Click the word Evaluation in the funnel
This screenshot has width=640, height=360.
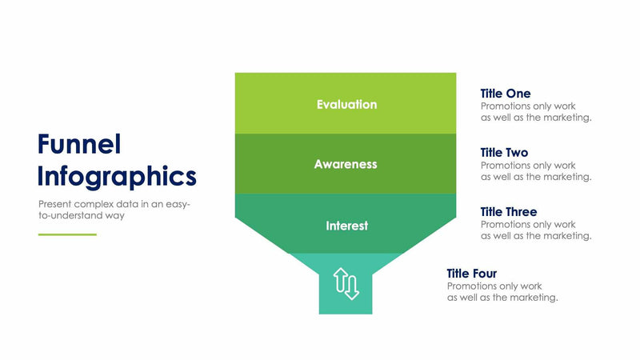(346, 104)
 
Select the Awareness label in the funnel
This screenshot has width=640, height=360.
(346, 164)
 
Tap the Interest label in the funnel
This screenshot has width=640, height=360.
(346, 226)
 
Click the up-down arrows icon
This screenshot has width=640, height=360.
(346, 283)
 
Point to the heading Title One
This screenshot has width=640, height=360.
(505, 94)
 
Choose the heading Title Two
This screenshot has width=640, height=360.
(504, 152)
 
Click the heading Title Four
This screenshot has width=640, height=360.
(472, 274)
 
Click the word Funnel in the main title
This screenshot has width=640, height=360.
(79, 144)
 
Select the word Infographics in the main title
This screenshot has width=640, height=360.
(117, 175)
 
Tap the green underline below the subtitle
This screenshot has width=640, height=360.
(67, 234)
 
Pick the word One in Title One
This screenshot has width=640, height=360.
(518, 94)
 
